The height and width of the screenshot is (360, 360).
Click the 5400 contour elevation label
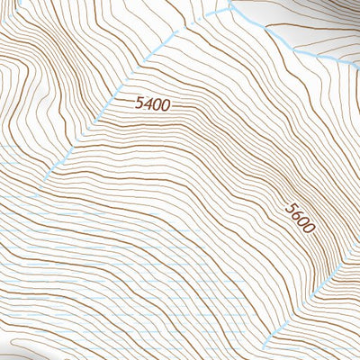[x=152, y=103]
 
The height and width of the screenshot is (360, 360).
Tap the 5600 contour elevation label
[x=301, y=217]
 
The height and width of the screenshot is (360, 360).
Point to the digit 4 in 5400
[x=147, y=103]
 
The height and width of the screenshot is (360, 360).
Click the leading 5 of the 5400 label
[x=139, y=103]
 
